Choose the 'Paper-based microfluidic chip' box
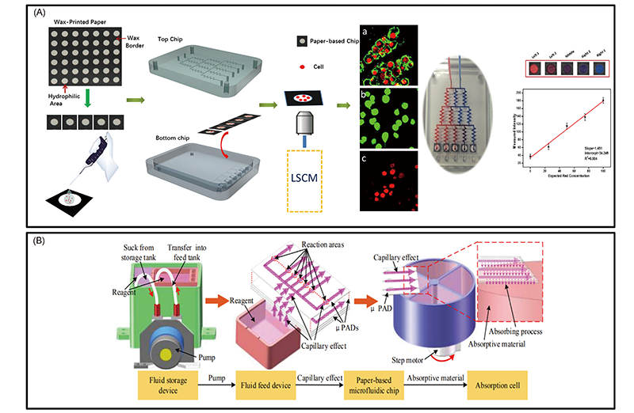coord(372,385)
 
